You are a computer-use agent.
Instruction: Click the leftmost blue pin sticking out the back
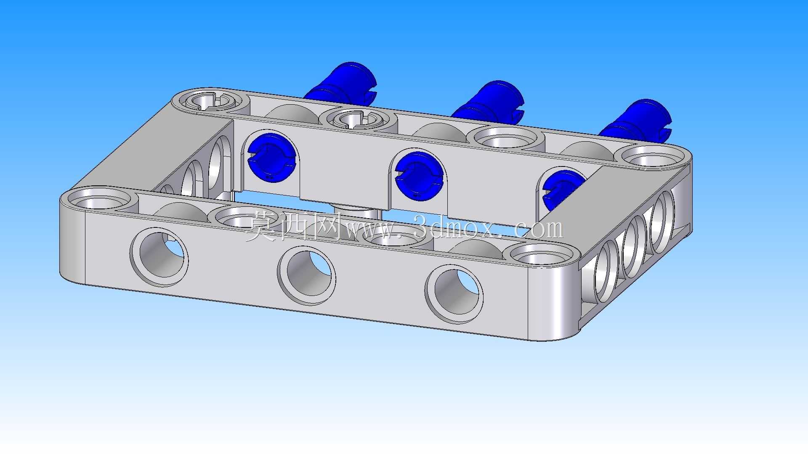tap(340, 84)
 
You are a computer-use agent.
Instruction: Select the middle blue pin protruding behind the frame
tap(488, 101)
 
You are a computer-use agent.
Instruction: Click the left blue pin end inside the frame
tap(272, 157)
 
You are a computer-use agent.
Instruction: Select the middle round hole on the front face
tap(306, 275)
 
